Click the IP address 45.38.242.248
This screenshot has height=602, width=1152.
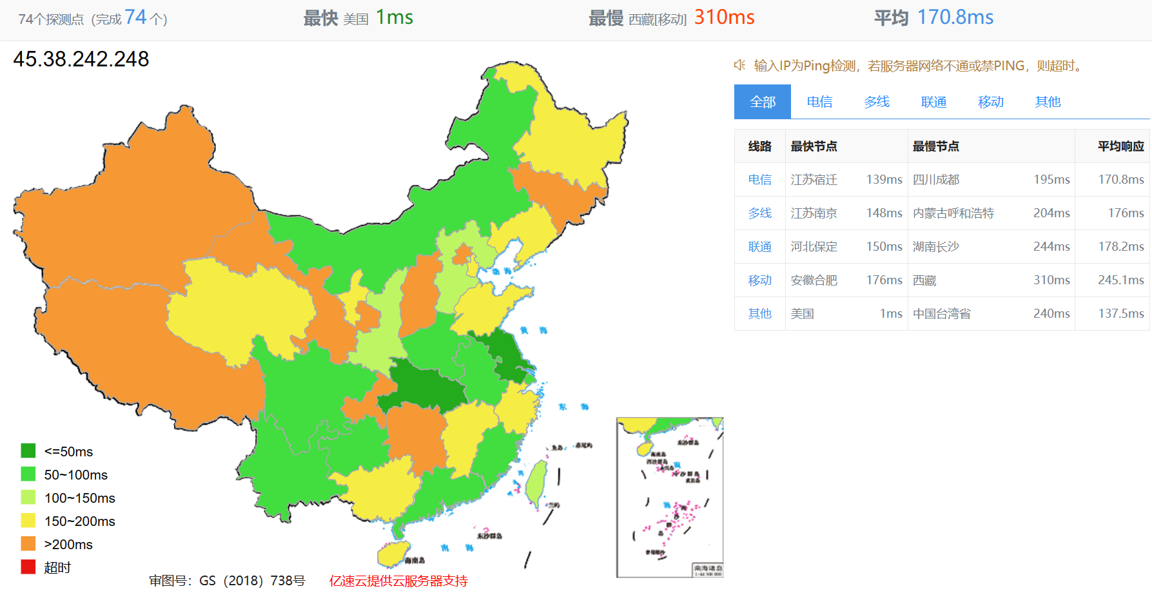pos(81,59)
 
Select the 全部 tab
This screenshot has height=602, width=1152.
pos(763,102)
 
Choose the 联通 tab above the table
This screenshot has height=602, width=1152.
pos(933,102)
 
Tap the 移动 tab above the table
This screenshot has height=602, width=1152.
pos(990,102)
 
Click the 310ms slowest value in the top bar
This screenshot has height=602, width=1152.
pos(724,17)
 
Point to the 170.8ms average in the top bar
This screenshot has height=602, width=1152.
pos(955,17)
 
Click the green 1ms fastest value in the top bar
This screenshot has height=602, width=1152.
pos(394,17)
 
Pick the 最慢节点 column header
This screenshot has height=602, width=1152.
pos(935,146)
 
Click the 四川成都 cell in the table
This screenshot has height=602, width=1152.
pos(936,180)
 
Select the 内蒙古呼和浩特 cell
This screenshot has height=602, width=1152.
pos(953,213)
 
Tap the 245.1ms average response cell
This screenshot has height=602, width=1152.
pos(1120,280)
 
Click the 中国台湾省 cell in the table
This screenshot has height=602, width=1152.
pos(941,314)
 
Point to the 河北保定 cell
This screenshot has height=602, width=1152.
pos(814,247)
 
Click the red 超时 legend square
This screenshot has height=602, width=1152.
pos(28,567)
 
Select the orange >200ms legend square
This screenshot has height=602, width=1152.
pos(28,544)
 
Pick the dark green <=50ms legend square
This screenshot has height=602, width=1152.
pos(28,451)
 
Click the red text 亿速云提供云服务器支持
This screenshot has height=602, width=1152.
pos(398,581)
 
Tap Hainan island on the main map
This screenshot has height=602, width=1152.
pos(393,553)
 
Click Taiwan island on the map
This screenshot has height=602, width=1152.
pos(537,483)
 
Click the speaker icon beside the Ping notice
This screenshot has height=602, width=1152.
pos(739,65)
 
